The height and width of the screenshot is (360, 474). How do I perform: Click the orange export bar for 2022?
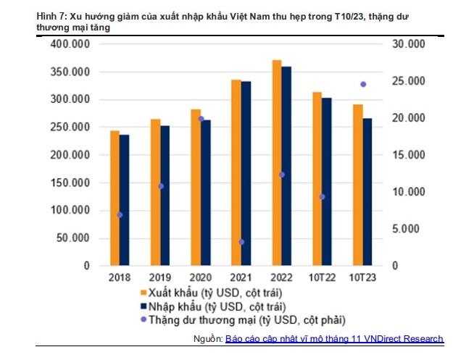[x=276, y=163]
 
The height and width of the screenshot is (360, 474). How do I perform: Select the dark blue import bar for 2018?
[x=125, y=200]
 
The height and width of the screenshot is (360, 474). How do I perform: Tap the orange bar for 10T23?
[x=357, y=185]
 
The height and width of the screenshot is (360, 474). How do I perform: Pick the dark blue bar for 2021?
[x=246, y=174]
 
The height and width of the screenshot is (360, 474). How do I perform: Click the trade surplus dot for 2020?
[x=201, y=119]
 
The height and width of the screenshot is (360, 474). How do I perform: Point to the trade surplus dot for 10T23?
[x=363, y=84]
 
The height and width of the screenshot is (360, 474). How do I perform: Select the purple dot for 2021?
[x=241, y=242]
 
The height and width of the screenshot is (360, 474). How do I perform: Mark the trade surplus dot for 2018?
[x=120, y=215]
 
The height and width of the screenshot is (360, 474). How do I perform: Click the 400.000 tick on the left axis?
[x=71, y=44]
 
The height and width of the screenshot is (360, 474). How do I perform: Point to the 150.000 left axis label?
[x=71, y=183]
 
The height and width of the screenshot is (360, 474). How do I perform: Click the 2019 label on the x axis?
[x=160, y=277]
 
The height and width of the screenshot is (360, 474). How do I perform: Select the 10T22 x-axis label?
[x=323, y=277]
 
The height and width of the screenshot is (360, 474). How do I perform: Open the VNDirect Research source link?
[x=333, y=339]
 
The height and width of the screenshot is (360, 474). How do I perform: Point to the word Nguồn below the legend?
[x=208, y=339]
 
